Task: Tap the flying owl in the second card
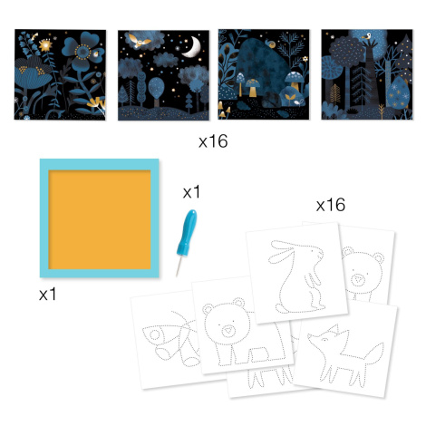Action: (x=140, y=41)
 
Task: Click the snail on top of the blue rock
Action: (x=271, y=44)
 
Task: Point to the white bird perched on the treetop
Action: (x=367, y=36)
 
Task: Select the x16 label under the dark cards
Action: (x=213, y=141)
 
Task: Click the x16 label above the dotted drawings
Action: (x=331, y=205)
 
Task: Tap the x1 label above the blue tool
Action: (x=191, y=192)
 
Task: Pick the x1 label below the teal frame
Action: (x=47, y=294)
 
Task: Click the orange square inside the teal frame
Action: (x=100, y=219)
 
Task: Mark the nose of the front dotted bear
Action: (x=228, y=330)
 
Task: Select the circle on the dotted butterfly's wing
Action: (x=155, y=334)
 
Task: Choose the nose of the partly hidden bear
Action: (x=359, y=280)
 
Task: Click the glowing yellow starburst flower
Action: (x=46, y=45)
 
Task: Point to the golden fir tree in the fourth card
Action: (x=334, y=93)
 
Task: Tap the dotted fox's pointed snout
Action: (x=310, y=336)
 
